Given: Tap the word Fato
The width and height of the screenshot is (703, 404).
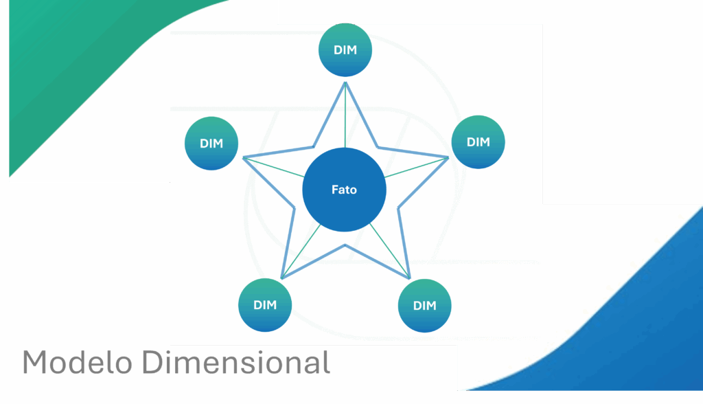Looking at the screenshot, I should point(344,190).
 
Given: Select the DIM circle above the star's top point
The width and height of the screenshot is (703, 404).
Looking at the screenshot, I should point(345,50).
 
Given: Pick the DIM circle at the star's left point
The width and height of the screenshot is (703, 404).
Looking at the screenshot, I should point(211,144).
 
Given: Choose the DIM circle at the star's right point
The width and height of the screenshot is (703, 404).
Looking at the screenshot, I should point(478,142).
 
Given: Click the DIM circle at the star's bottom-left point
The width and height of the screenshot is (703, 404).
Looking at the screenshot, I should point(264,305).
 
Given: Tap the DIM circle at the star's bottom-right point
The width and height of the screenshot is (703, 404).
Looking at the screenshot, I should point(424,306).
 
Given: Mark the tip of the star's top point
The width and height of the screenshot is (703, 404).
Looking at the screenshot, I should point(345,83).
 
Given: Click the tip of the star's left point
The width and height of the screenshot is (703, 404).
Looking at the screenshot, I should point(244,158).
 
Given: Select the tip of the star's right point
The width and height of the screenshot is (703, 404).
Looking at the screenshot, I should point(448,158).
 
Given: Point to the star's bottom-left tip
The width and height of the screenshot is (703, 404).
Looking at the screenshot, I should point(282,278).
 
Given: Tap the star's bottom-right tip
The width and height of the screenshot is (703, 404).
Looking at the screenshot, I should point(410,278).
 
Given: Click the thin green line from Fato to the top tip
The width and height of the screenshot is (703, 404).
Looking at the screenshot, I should point(345,117).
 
